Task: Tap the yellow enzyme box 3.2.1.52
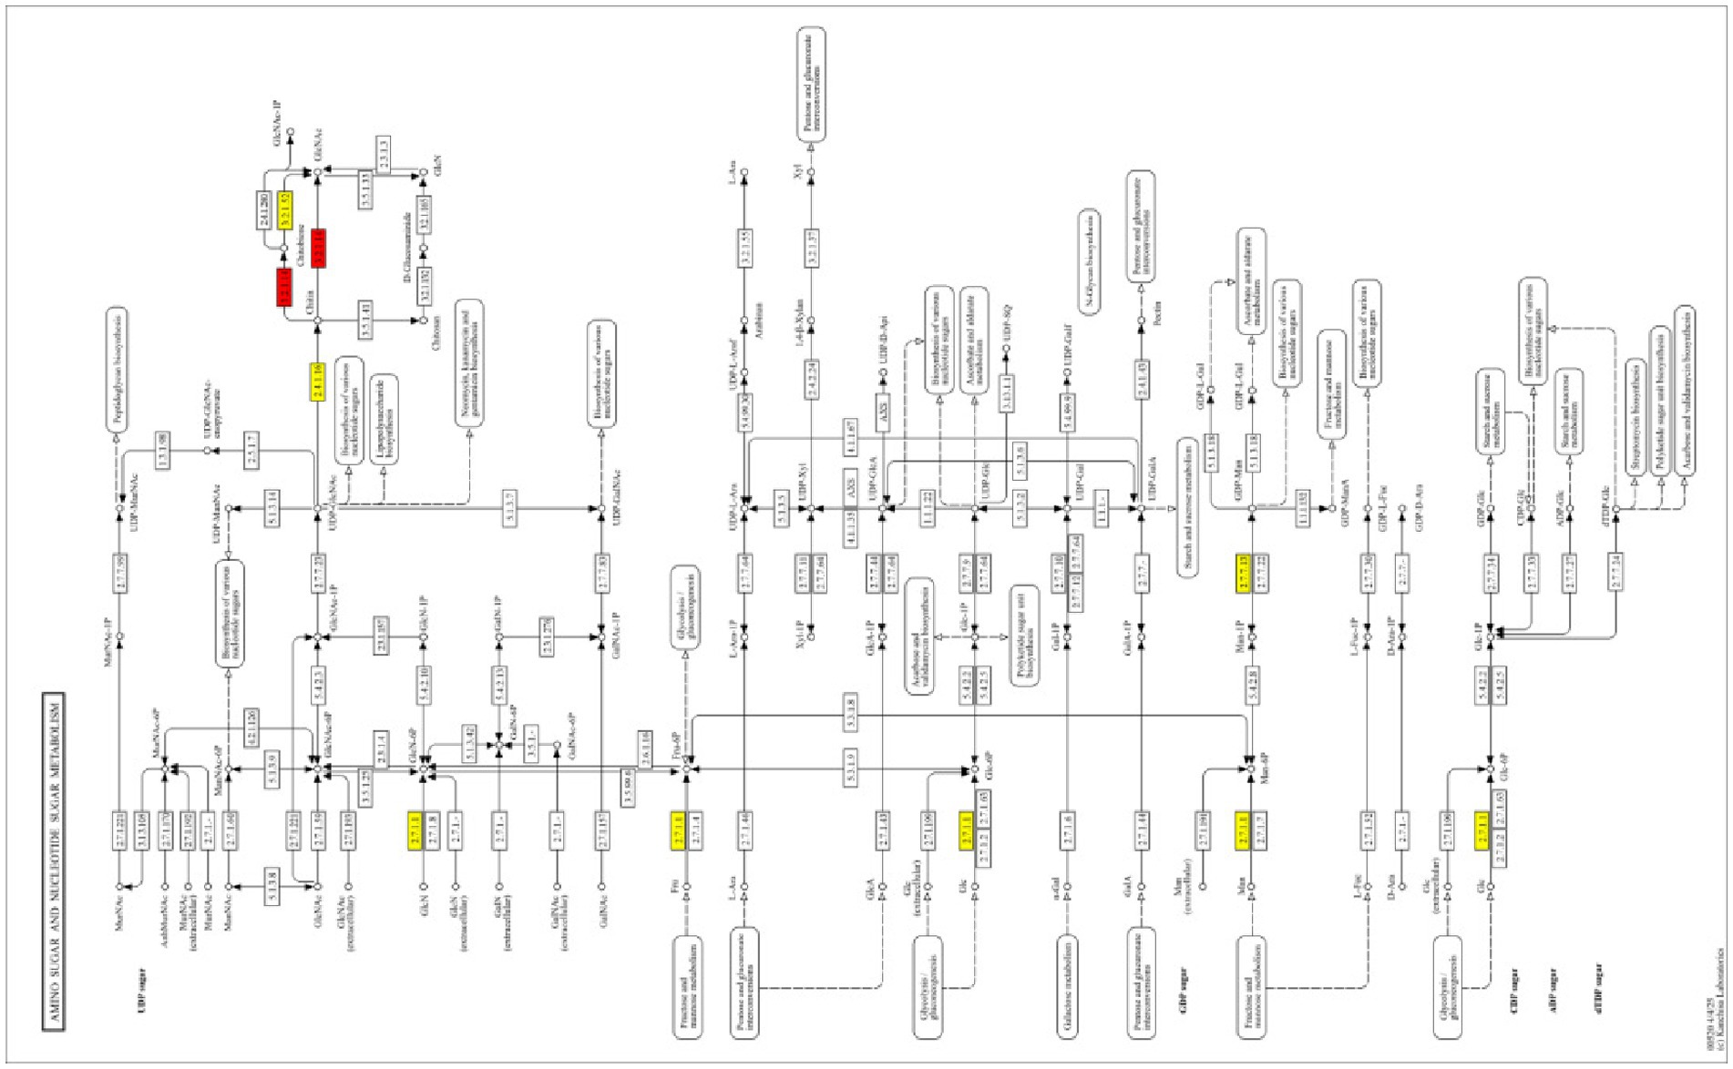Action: [x=285, y=210]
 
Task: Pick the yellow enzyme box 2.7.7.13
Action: [x=1244, y=574]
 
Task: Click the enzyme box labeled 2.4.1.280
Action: [x=262, y=210]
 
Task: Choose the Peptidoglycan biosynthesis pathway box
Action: [x=117, y=369]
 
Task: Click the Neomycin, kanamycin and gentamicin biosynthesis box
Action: [x=468, y=362]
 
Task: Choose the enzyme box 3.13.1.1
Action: [x=1008, y=393]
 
